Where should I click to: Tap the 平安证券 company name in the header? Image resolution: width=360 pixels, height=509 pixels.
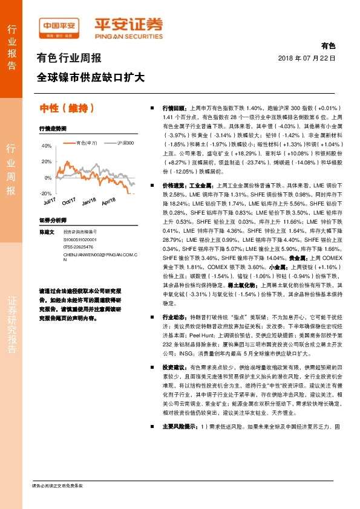coord(128,25)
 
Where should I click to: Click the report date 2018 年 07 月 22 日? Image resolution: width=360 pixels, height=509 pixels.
coord(306,57)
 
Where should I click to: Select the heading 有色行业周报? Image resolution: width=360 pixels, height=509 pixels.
coord(69,59)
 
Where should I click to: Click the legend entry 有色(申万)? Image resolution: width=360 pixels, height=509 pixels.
coord(87,143)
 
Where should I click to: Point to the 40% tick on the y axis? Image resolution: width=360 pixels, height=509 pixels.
coord(47,146)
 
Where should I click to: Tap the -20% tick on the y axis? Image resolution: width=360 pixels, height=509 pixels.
coord(46,193)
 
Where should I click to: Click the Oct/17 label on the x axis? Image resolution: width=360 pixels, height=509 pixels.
coord(68,200)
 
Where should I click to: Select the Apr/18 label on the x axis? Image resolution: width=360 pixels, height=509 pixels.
coord(108,200)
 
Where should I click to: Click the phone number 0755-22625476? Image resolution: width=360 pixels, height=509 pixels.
coord(79,247)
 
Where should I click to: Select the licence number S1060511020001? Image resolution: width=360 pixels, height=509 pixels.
coord(80,239)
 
